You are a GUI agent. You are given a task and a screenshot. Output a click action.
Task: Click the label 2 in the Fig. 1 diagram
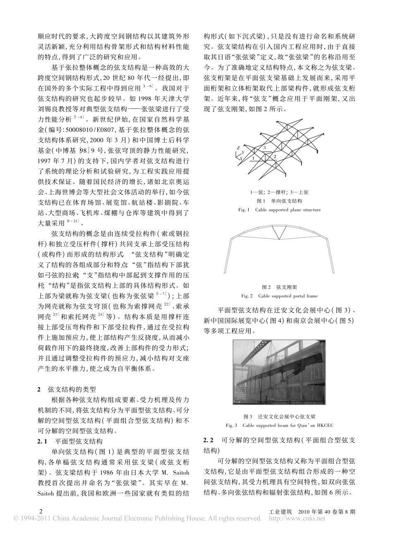pyautogui.click(x=274, y=156)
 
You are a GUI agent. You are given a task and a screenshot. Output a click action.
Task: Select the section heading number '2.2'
pyautogui.click(x=208, y=439)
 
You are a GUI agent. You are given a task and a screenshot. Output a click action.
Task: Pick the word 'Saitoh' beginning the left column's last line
pyautogui.click(x=47, y=493)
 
